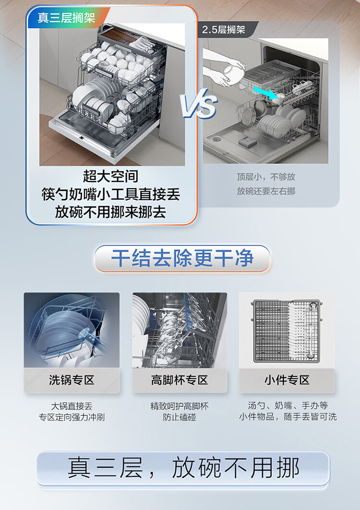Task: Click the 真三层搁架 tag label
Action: pos(66,18)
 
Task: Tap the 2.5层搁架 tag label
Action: pos(224,30)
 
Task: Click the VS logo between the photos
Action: pos(199,103)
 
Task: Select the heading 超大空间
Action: pos(110,176)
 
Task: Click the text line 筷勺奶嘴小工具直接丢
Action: pos(110,194)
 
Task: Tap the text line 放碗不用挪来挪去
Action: pos(110,212)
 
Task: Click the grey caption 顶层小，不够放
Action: pos(266,177)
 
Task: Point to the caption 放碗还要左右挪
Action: pos(266,191)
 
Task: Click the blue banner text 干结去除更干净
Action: pos(182,258)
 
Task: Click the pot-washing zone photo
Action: pos(72,330)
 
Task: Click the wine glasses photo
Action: pos(180,330)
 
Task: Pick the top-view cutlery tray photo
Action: pos(287,330)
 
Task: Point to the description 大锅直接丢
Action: pos(72,406)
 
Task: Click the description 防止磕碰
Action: pos(180,417)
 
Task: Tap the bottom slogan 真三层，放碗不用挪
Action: pos(183,468)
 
